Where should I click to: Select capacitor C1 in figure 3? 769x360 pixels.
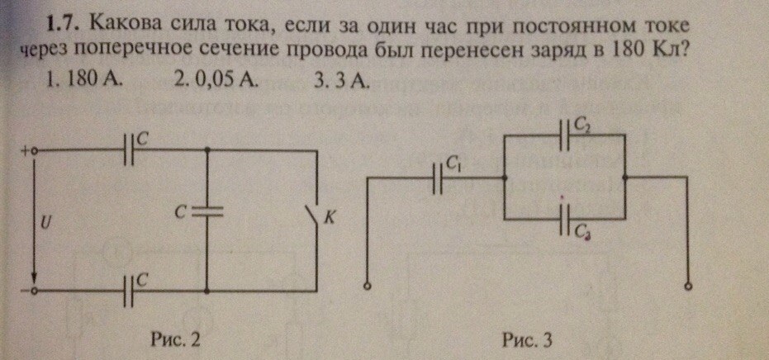click(x=439, y=178)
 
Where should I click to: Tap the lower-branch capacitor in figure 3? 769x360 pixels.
click(x=565, y=220)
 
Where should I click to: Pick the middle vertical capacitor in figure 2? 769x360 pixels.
click(x=206, y=211)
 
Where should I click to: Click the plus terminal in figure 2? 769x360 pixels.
click(x=34, y=151)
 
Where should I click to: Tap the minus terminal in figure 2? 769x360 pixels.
click(x=34, y=291)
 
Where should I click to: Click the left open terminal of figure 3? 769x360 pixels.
click(x=368, y=286)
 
